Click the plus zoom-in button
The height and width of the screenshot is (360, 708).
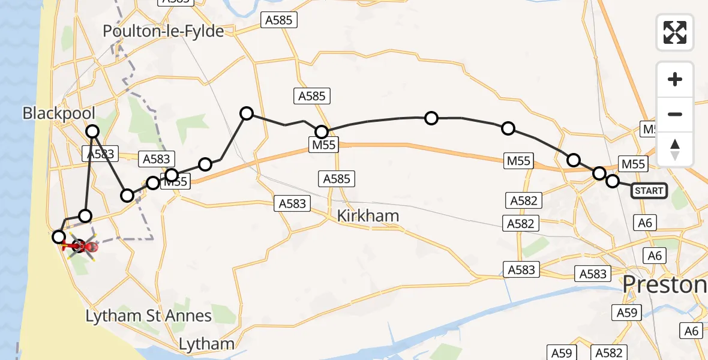point(675,79)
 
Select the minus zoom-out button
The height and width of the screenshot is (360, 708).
point(675,114)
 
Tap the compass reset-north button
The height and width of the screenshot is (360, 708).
point(675,149)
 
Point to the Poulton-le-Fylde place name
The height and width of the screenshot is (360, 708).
point(164,31)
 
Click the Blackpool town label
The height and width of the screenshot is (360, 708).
point(59,113)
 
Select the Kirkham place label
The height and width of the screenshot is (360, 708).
point(368,216)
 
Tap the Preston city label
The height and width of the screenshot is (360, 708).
point(665,284)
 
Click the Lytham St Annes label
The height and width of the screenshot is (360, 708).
point(148,316)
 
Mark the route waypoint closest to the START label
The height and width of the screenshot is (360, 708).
point(612,181)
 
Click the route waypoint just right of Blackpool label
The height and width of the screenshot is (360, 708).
point(92,131)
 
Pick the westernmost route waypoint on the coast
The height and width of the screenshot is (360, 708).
point(58,236)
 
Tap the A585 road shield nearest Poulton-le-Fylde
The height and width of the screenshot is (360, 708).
point(279,20)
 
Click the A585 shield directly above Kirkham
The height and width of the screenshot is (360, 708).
point(337,178)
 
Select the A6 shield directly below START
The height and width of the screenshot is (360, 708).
point(645,223)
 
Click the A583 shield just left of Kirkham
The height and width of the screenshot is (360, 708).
point(292,203)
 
